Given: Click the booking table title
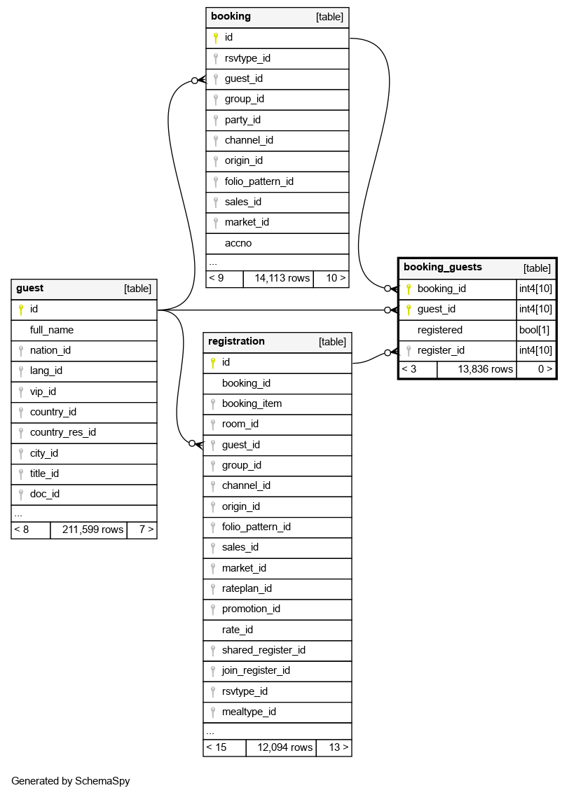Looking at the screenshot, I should (231, 17).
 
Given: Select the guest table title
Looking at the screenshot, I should (30, 288).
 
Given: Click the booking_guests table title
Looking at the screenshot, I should (443, 267).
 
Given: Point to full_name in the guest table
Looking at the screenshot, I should (52, 330).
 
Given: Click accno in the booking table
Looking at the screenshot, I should (238, 243).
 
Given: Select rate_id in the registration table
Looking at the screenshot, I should (238, 630).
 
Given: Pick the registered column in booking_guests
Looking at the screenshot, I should (440, 330).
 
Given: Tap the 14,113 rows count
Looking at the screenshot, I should (282, 278).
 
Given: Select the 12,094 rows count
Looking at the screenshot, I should (284, 747).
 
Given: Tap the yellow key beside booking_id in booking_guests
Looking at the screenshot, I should (409, 289).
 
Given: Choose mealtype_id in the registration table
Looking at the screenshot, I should (249, 712).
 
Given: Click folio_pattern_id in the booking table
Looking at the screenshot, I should (259, 181).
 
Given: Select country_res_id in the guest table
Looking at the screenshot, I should (63, 432).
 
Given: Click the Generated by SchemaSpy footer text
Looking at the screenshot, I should (71, 781).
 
